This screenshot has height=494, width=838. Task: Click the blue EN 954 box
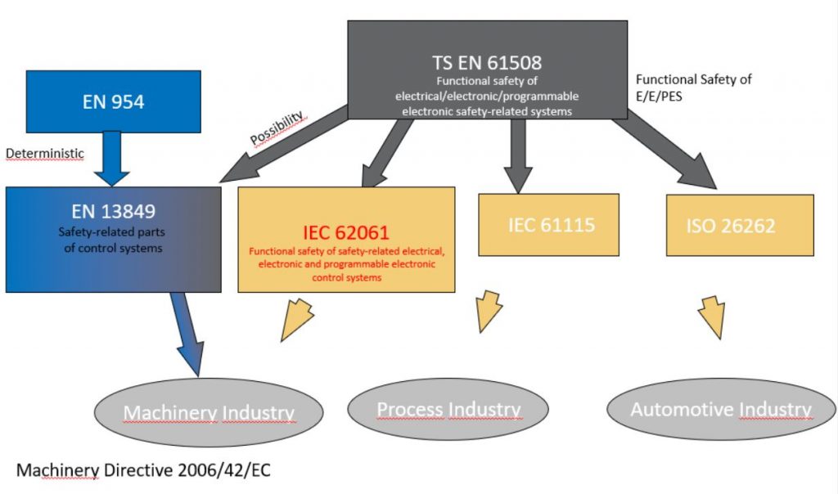(x=113, y=101)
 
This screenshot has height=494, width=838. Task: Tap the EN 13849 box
(x=113, y=239)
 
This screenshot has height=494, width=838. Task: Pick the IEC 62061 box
(x=346, y=239)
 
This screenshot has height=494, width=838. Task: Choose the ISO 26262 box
(x=739, y=225)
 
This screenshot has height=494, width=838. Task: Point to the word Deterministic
(x=44, y=153)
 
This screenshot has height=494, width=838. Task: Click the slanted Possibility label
(x=277, y=128)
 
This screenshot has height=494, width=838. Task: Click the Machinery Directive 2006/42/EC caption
(x=143, y=470)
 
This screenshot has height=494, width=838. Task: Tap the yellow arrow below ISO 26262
(x=713, y=318)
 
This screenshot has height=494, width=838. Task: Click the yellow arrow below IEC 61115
(x=491, y=311)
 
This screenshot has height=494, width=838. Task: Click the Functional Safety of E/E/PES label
(x=693, y=88)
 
